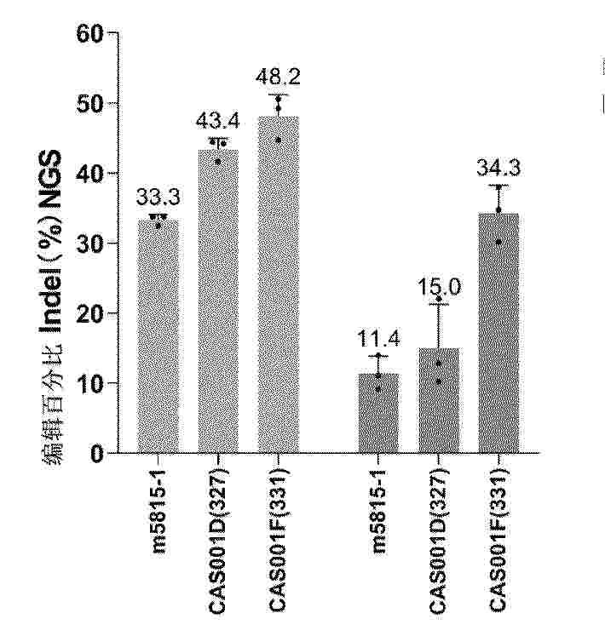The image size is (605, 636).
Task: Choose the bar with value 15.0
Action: (x=438, y=400)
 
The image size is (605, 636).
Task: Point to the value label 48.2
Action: (x=278, y=77)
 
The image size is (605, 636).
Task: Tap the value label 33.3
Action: (x=158, y=198)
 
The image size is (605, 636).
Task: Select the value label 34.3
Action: (x=498, y=168)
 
